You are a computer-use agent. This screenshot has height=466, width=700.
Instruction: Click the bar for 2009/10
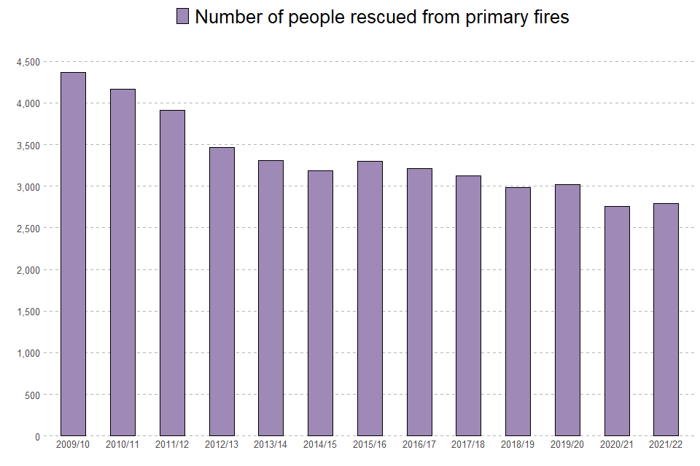[73, 254]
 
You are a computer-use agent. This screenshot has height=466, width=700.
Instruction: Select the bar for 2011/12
[172, 273]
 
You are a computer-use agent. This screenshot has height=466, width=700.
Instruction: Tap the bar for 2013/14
[271, 298]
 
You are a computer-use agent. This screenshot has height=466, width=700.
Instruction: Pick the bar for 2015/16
[370, 299]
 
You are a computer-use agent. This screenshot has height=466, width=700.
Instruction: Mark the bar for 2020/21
[617, 321]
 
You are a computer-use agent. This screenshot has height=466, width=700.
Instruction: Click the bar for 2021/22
[666, 320]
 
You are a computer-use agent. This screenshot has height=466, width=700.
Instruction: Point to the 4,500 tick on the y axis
[28, 62]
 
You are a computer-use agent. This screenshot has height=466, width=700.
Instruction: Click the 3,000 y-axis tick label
[28, 186]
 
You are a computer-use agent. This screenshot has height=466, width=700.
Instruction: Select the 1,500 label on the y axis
[28, 312]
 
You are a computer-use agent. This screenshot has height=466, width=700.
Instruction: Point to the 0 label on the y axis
[37, 436]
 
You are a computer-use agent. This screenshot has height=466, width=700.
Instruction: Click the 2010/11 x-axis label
[122, 444]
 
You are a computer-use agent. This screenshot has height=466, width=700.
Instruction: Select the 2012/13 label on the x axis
[222, 444]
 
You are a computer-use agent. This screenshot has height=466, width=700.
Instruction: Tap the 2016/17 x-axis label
[419, 444]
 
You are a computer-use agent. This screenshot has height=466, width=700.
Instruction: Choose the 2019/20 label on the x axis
[567, 444]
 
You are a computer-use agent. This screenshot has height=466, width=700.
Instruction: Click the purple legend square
[182, 16]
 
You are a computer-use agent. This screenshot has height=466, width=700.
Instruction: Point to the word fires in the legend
[547, 17]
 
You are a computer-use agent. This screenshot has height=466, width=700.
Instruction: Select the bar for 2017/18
[468, 306]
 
